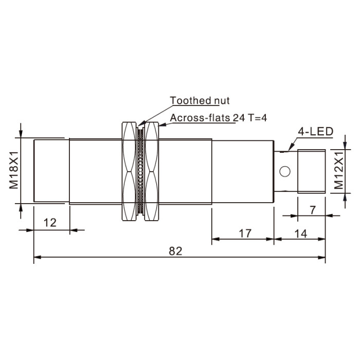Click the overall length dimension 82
(175, 251)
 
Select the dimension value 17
(245, 233)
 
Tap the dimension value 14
(300, 234)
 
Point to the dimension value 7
(313, 210)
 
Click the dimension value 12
(50, 223)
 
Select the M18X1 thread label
(14, 170)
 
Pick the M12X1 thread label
(338, 170)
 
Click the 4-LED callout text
(315, 132)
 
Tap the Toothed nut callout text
(200, 101)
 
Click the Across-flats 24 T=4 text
(219, 118)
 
